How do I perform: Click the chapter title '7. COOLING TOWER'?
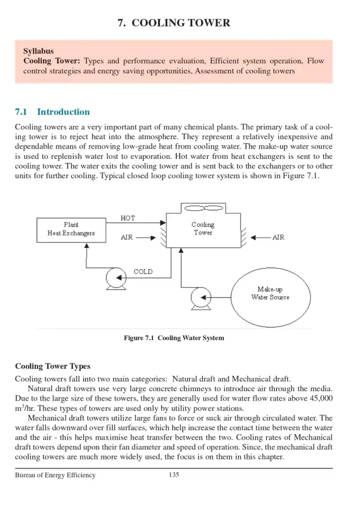click(x=174, y=23)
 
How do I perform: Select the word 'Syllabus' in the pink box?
click(x=39, y=51)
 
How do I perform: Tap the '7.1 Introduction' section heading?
click(x=52, y=112)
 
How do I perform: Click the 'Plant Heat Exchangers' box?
click(x=71, y=229)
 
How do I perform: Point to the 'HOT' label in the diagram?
click(x=128, y=218)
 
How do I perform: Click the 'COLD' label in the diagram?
click(x=143, y=271)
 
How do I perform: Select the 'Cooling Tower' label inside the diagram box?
click(x=203, y=229)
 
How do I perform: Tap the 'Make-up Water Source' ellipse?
click(x=270, y=294)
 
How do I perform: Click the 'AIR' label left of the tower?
click(x=127, y=238)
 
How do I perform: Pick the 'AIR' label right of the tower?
click(x=278, y=238)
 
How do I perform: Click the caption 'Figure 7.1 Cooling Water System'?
click(x=174, y=338)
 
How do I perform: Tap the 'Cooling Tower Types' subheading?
click(x=52, y=366)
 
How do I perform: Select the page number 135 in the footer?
click(x=174, y=475)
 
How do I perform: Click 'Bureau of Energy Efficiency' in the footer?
click(x=55, y=475)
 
